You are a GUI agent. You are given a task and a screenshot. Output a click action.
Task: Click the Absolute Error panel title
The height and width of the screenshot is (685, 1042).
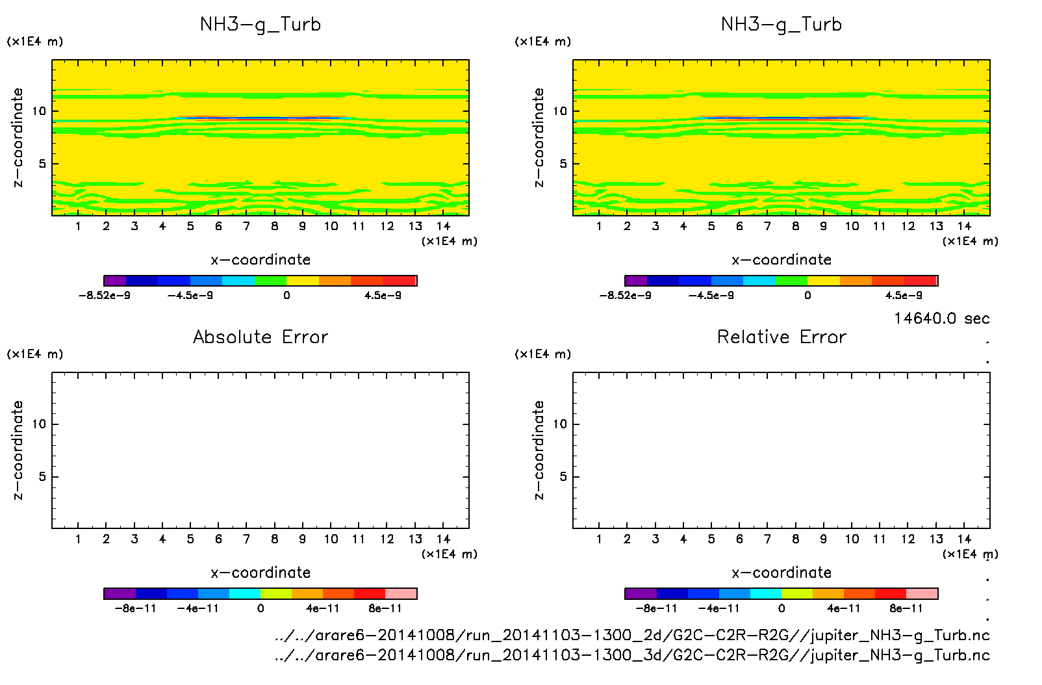coord(260,337)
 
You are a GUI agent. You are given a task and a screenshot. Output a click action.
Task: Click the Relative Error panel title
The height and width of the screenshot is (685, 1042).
coord(781,337)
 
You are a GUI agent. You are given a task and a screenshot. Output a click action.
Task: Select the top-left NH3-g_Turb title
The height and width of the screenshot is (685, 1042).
coord(260,24)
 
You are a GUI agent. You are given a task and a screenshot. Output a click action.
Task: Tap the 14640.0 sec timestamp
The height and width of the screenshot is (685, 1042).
coord(941,318)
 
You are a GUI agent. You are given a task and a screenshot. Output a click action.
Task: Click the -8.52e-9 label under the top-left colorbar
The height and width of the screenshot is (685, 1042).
coord(104,296)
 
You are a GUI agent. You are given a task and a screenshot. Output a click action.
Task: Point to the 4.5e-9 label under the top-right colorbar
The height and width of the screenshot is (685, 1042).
coord(903,296)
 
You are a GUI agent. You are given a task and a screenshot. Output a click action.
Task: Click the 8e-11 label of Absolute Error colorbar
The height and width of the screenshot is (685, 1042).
coord(385,609)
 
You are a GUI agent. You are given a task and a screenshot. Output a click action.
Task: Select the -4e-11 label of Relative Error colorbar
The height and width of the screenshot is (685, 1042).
coord(719,609)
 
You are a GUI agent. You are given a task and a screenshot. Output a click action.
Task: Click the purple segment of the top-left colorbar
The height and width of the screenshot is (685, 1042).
coord(115,281)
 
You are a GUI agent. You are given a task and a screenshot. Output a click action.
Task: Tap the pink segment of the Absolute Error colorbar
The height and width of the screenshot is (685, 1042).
coord(401,593)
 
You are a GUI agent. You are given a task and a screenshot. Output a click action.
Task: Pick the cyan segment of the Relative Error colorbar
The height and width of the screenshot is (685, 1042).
coord(766,593)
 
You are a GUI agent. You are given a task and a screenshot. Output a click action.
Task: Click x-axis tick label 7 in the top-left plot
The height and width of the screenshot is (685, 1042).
coord(246,226)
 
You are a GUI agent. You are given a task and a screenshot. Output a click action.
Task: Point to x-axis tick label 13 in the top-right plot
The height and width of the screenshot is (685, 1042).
coord(936,226)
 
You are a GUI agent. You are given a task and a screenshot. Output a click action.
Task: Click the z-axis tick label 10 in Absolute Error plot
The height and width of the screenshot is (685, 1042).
coord(39,424)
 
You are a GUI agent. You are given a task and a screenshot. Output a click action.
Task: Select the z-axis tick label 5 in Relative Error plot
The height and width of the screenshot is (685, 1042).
coord(563,477)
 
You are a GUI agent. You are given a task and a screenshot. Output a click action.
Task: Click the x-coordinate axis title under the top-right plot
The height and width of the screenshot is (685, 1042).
coord(781,259)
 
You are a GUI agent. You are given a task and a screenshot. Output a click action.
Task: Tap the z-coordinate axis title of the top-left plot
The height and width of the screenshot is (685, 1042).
coord(18,138)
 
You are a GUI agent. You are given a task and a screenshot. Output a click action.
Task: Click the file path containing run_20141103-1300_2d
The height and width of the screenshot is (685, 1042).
coord(632,635)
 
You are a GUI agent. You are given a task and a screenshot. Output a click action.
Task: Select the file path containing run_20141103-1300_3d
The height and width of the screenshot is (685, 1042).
coord(632,654)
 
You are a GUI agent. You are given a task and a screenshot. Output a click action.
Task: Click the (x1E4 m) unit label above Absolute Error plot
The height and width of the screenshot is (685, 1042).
coord(35,354)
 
